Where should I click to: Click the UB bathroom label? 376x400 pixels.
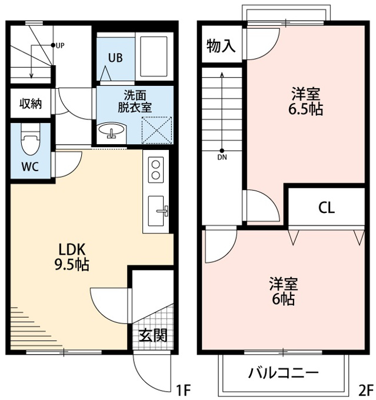[115, 58]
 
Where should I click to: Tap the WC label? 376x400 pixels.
[30, 166]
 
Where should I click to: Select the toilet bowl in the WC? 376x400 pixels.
[31, 139]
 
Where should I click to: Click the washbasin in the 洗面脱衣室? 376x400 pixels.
[112, 130]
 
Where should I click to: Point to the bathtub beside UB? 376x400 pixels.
[154, 56]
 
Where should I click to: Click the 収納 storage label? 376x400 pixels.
[31, 104]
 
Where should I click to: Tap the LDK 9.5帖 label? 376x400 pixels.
[72, 257]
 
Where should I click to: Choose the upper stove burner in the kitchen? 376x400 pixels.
[155, 164]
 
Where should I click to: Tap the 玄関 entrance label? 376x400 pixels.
[153, 335]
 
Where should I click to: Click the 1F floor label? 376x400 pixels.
[184, 389]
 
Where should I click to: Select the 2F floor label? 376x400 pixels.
[365, 389]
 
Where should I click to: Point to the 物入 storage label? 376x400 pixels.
[221, 46]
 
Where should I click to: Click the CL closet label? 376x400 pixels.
[327, 208]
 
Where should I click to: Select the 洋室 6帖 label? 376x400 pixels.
[284, 291]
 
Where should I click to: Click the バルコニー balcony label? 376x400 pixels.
[284, 373]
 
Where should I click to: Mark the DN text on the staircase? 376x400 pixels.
[222, 158]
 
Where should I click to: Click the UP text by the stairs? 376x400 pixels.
[60, 46]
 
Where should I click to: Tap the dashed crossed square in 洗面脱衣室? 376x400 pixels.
[157, 130]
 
